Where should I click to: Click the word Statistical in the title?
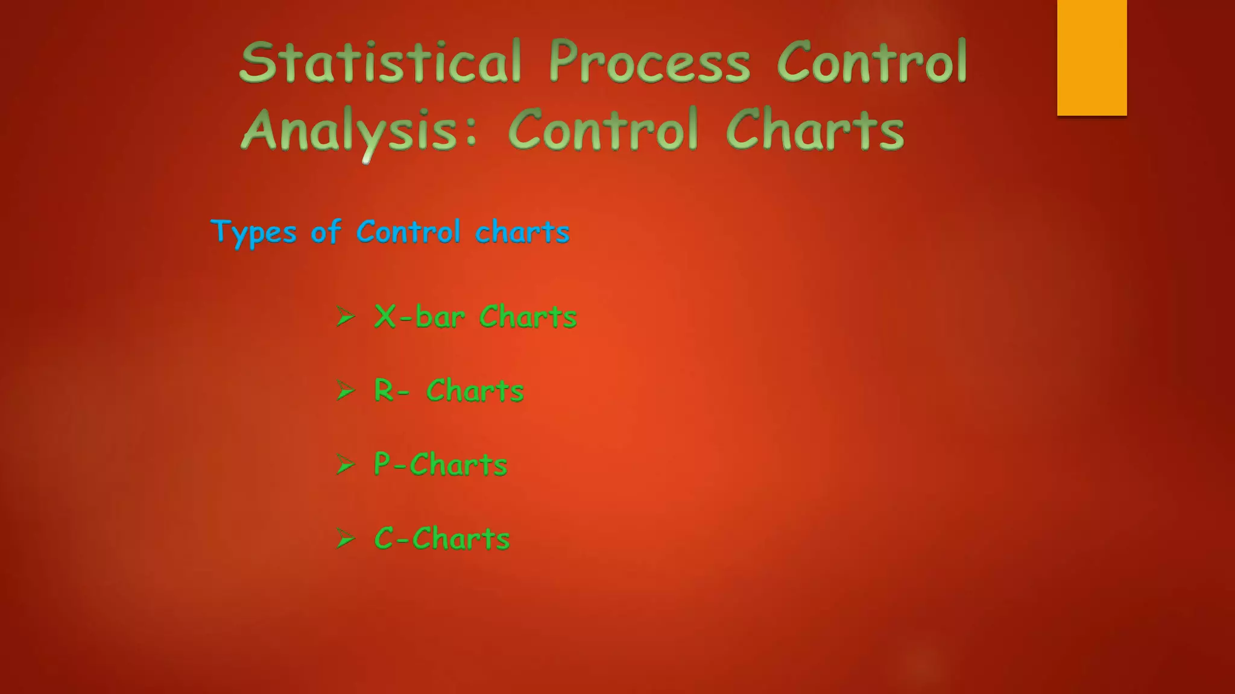point(380,62)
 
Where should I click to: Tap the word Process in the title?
point(649,62)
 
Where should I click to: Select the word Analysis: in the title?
point(359,130)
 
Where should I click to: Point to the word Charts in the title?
point(815,130)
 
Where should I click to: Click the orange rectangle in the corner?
point(1091,57)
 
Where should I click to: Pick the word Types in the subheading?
point(254,233)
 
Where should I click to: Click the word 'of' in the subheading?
point(326,233)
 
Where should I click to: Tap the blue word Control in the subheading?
point(408,233)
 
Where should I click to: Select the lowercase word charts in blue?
point(522,233)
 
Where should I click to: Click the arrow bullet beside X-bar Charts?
point(346,316)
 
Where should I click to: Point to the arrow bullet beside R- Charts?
point(346,391)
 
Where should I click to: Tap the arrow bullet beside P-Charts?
point(346,464)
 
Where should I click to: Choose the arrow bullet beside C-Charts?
point(346,539)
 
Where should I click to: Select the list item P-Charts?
point(441,464)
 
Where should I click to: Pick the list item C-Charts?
point(442,539)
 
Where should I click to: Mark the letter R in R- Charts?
point(384,390)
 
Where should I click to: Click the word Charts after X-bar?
point(528,316)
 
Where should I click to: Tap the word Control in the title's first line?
point(872,62)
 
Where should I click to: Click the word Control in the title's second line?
point(603,130)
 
